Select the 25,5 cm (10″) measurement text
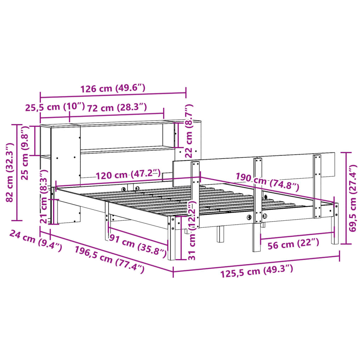(x=55, y=107)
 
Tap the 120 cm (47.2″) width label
(x=128, y=175)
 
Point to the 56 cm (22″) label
(x=294, y=243)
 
